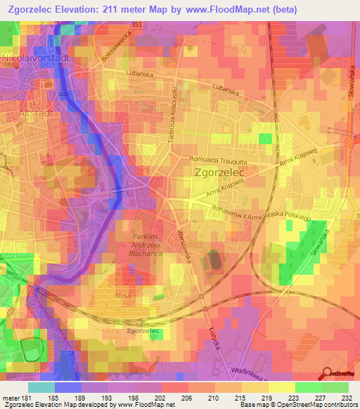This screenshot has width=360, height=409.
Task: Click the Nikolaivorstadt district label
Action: coord(37,59)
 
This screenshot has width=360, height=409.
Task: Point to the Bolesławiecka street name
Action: coord(119,47)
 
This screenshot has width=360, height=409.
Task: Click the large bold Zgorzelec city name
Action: coord(218,172)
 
